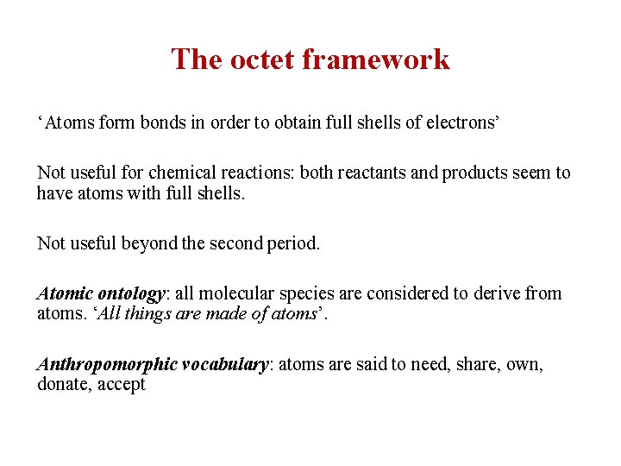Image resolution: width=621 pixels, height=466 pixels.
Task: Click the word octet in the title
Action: coord(260,60)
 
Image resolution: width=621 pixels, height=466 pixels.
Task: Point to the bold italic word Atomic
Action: coord(64,293)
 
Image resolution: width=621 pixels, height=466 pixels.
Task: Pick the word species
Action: coord(306,294)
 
